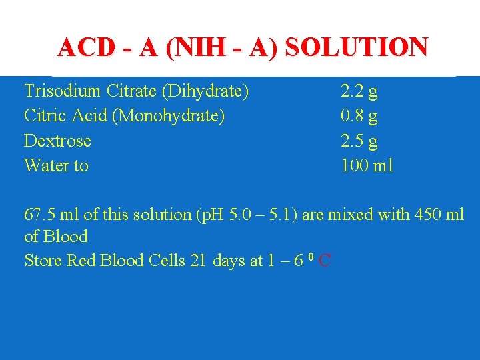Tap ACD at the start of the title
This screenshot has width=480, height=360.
[81, 47]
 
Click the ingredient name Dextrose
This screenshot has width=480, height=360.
[57, 141]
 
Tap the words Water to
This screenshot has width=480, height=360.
[56, 165]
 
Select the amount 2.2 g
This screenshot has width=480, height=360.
[359, 91]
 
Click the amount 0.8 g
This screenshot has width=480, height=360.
[359, 116]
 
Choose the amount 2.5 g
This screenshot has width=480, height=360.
[359, 141]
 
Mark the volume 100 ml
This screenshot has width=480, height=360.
[367, 165]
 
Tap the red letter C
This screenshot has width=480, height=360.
[325, 261]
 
